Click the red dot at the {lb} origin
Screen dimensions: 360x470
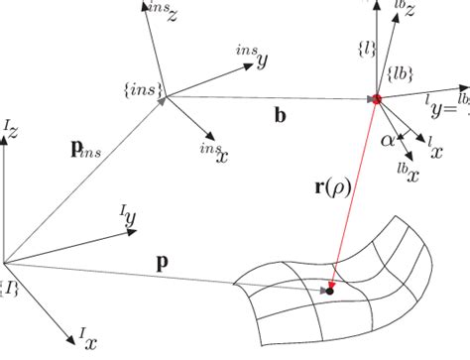tap(376, 98)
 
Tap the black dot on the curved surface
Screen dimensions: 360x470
tap(328, 291)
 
